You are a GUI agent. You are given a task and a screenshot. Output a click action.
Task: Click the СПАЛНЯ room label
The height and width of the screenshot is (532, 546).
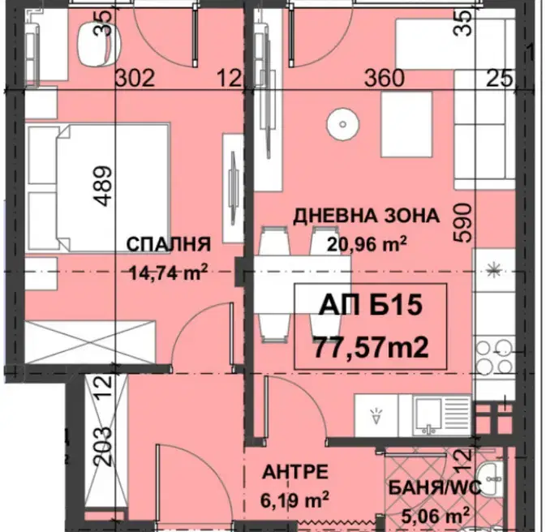pyautogui.click(x=169, y=244)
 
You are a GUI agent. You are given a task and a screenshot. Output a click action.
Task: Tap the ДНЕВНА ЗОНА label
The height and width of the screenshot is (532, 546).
pyautogui.click(x=367, y=216)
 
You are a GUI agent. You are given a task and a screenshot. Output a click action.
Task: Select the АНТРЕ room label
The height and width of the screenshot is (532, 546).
pyautogui.click(x=295, y=473)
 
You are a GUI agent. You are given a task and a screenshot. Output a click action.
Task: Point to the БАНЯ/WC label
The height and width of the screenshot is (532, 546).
pyautogui.click(x=435, y=487)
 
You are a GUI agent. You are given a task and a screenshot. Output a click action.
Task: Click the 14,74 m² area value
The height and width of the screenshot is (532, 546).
pyautogui.click(x=169, y=271)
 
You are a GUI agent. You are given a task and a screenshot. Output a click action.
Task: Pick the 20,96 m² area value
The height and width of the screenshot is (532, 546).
pyautogui.click(x=367, y=243)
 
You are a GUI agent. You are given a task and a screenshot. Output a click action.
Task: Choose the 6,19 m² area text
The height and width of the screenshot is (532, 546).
pyautogui.click(x=294, y=500)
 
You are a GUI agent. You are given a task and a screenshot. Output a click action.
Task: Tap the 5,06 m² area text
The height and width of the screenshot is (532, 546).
pyautogui.click(x=435, y=515)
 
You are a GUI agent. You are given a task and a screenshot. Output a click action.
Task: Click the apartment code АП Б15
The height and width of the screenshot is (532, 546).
pyautogui.click(x=371, y=305)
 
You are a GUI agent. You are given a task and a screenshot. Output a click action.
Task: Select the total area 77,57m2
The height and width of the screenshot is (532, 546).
pyautogui.click(x=371, y=348)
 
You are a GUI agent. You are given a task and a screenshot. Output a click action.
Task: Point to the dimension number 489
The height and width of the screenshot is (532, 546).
pyautogui.click(x=104, y=186)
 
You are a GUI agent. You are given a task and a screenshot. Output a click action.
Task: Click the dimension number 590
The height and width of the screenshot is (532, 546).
pyautogui.click(x=463, y=223)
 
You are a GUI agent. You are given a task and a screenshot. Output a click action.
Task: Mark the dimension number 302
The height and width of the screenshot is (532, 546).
pyautogui.click(x=135, y=78)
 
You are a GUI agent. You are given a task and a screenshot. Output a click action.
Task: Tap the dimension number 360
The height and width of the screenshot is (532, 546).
pyautogui.click(x=385, y=78)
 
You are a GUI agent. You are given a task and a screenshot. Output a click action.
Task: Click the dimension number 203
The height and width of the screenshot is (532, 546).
pyautogui.click(x=104, y=447)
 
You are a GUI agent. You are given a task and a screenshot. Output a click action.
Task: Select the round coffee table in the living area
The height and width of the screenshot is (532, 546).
pyautogui.click(x=342, y=124)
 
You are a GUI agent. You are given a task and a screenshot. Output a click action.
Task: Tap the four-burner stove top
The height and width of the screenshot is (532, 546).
pyautogui.click(x=494, y=356)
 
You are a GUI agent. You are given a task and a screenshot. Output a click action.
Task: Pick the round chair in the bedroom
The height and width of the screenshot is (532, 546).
pyautogui.click(x=99, y=44)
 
